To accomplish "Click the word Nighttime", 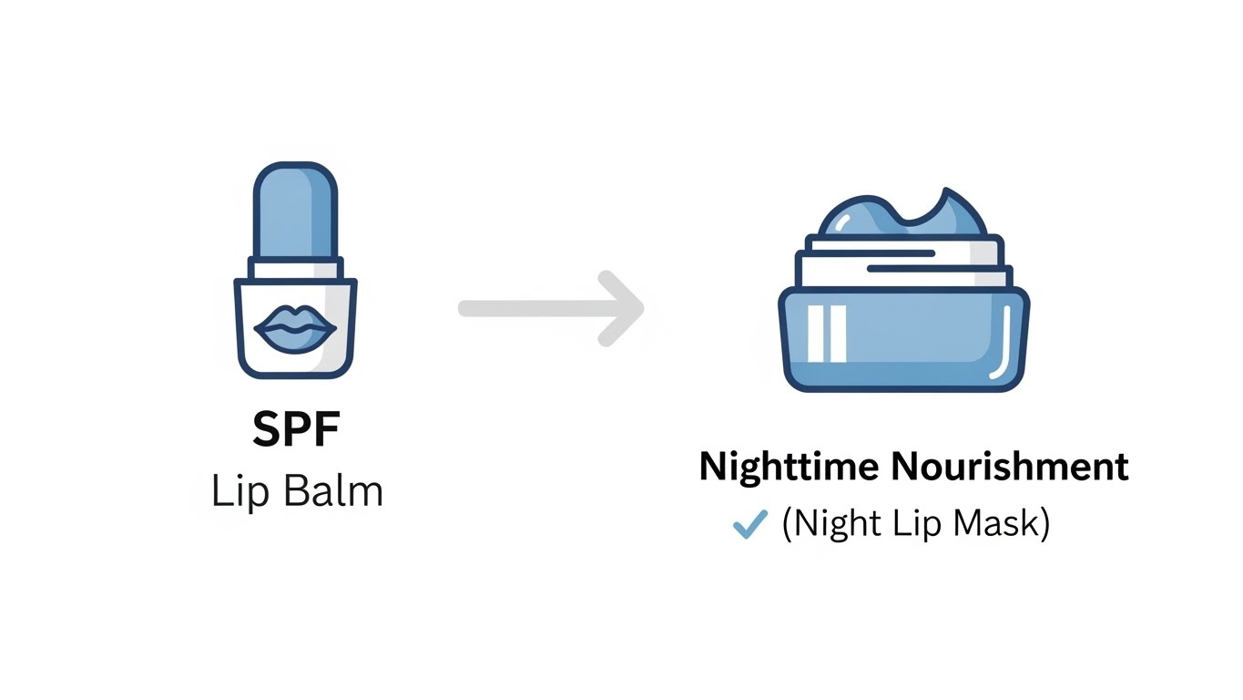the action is click(789, 467).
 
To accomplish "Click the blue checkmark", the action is click(749, 524).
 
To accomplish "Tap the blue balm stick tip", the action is click(295, 210).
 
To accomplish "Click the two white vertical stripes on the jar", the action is click(832, 333).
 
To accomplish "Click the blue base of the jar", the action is click(911, 342).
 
